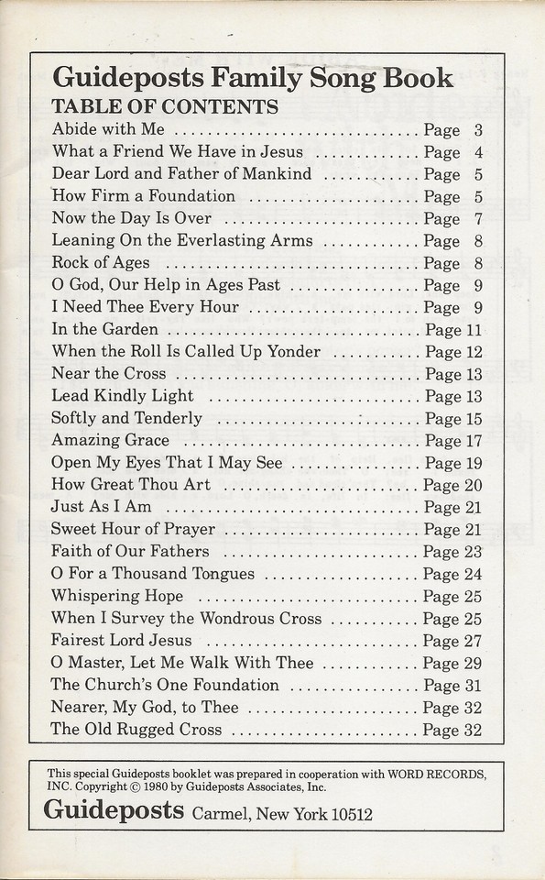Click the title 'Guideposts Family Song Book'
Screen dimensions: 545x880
[x=253, y=78]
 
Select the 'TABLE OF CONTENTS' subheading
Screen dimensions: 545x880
[x=165, y=106]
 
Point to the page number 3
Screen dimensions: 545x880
[x=478, y=130]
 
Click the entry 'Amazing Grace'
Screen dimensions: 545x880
[x=111, y=440]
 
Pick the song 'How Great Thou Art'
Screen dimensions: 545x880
[x=131, y=484]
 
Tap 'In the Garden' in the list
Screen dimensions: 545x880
[x=105, y=329]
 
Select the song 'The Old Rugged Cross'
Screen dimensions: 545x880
[x=136, y=730]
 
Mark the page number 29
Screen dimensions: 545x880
[x=473, y=663]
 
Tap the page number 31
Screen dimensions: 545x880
[x=473, y=685]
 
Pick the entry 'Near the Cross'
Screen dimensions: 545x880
[x=109, y=373]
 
